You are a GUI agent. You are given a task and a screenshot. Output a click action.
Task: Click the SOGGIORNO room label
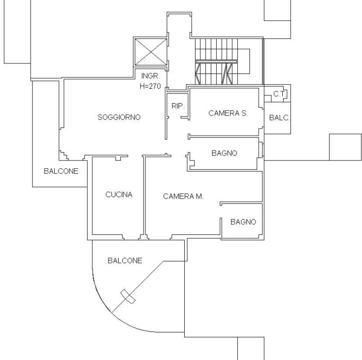tap(119, 117)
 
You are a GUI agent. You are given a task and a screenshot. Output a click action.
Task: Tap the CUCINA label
tap(119, 195)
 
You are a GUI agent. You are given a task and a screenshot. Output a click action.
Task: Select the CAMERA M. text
tap(183, 196)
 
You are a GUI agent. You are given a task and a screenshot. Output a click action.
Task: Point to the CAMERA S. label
tap(228, 113)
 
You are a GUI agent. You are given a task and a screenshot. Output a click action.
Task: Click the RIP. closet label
tap(178, 106)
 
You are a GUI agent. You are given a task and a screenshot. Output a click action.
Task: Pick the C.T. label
tap(280, 94)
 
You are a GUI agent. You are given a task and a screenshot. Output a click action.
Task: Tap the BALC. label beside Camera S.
tap(280, 118)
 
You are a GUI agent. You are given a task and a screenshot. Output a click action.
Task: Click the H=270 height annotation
tap(150, 86)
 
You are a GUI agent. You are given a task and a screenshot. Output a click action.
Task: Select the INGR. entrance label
tap(150, 76)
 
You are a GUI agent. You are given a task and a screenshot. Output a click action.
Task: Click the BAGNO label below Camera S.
tap(225, 153)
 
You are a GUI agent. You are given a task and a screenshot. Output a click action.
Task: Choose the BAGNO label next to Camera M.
tap(243, 222)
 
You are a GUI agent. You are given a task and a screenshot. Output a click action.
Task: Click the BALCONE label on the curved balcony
tap(125, 261)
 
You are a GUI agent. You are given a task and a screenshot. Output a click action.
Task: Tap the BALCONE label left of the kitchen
tap(61, 171)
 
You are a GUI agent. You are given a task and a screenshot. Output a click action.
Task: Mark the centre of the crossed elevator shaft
tap(151, 52)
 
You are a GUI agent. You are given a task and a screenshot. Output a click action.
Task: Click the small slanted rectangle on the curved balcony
tap(128, 296)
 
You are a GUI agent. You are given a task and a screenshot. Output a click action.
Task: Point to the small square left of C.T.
tap(267, 98)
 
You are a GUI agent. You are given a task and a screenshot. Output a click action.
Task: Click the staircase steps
tap(216, 61)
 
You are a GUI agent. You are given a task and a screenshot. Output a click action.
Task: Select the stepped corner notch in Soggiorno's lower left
tap(64, 155)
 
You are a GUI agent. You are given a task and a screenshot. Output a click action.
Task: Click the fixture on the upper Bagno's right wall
tap(261, 150)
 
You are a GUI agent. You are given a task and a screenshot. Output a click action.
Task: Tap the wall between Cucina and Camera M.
tap(144, 196)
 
